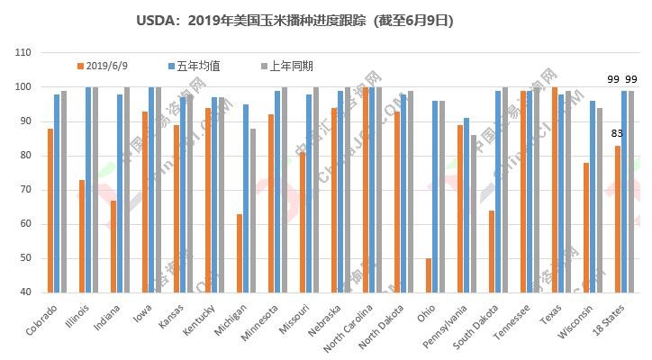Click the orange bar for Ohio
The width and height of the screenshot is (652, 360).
tap(428, 275)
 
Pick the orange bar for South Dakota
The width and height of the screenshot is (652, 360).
tap(491, 251)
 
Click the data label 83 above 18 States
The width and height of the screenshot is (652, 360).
tap(618, 134)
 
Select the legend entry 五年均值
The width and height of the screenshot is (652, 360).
tap(195, 66)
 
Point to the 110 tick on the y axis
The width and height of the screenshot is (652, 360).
tap(23, 53)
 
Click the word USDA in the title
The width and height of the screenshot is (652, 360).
tap(154, 19)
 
